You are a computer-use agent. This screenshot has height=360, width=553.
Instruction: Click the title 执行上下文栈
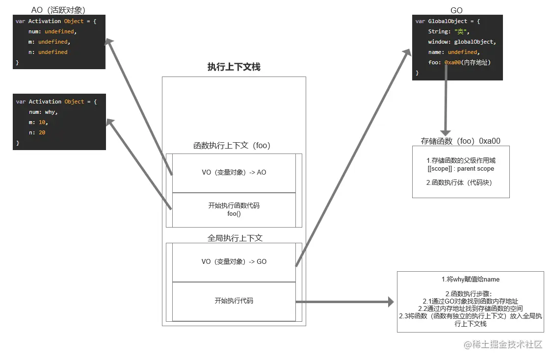tap(234, 67)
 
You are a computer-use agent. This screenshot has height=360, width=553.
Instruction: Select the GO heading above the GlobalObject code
tap(456, 10)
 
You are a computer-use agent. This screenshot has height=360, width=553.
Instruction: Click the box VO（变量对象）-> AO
tap(234, 173)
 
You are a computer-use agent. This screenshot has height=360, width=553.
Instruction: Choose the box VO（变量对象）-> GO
tap(234, 262)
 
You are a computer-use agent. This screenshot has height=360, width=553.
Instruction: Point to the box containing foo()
tap(234, 210)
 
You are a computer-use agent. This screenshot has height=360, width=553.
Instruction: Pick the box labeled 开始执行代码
tap(234, 301)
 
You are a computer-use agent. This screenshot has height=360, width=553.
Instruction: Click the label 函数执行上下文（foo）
tap(232, 146)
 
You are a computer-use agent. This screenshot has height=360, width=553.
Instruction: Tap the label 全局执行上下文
tap(235, 238)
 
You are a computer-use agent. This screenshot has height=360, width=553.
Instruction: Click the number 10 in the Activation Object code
tap(42, 122)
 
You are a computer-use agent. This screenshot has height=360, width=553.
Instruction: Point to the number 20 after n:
tap(42, 132)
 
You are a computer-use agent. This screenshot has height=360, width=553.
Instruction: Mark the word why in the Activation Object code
tap(51, 112)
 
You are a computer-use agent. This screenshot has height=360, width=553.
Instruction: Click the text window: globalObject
tap(461, 42)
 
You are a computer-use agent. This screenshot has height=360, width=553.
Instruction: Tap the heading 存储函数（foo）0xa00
tap(460, 141)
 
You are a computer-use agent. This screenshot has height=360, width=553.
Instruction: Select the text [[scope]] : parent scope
tap(461, 169)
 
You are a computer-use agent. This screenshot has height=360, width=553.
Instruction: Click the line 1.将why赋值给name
tap(470, 280)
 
